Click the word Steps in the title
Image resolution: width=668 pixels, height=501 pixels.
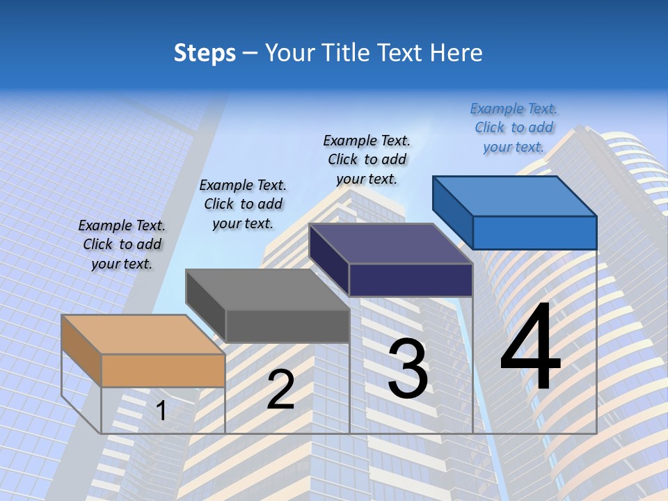[x=205, y=53]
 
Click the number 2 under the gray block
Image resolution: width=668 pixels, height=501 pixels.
[x=280, y=390]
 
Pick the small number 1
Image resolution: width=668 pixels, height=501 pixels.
[x=161, y=411]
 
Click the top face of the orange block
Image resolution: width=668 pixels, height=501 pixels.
[x=143, y=334]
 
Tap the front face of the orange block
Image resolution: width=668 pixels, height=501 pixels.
[x=164, y=370]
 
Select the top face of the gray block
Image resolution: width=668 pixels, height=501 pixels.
[x=267, y=289]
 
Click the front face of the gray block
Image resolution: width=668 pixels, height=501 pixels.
[x=287, y=326]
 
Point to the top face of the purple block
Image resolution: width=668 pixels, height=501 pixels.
[x=390, y=243]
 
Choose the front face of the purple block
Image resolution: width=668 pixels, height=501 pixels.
[x=411, y=280]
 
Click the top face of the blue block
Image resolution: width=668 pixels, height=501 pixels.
[x=514, y=196]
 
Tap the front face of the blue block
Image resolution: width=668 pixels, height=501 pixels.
[x=535, y=232]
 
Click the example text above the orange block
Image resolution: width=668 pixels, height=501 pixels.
[x=122, y=244]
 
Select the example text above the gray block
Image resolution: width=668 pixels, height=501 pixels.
[x=243, y=204]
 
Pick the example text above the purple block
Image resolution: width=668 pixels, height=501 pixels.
[x=367, y=159]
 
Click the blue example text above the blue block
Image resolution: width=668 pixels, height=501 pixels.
[x=514, y=127]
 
